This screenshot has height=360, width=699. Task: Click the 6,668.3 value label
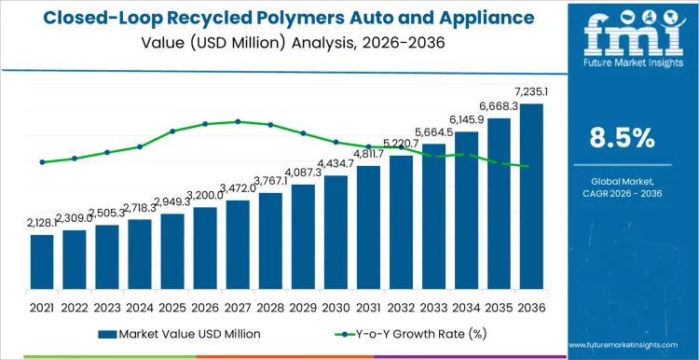pyautogui.click(x=499, y=107)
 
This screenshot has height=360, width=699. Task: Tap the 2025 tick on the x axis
pyautogui.click(x=172, y=307)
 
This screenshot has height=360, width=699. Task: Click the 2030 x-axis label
pyautogui.click(x=336, y=307)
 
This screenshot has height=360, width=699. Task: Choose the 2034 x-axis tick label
pyautogui.click(x=466, y=307)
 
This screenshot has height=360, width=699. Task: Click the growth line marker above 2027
pyautogui.click(x=238, y=121)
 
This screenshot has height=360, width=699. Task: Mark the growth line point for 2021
pyautogui.click(x=42, y=162)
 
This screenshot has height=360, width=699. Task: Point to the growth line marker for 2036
pyautogui.click(x=531, y=167)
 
